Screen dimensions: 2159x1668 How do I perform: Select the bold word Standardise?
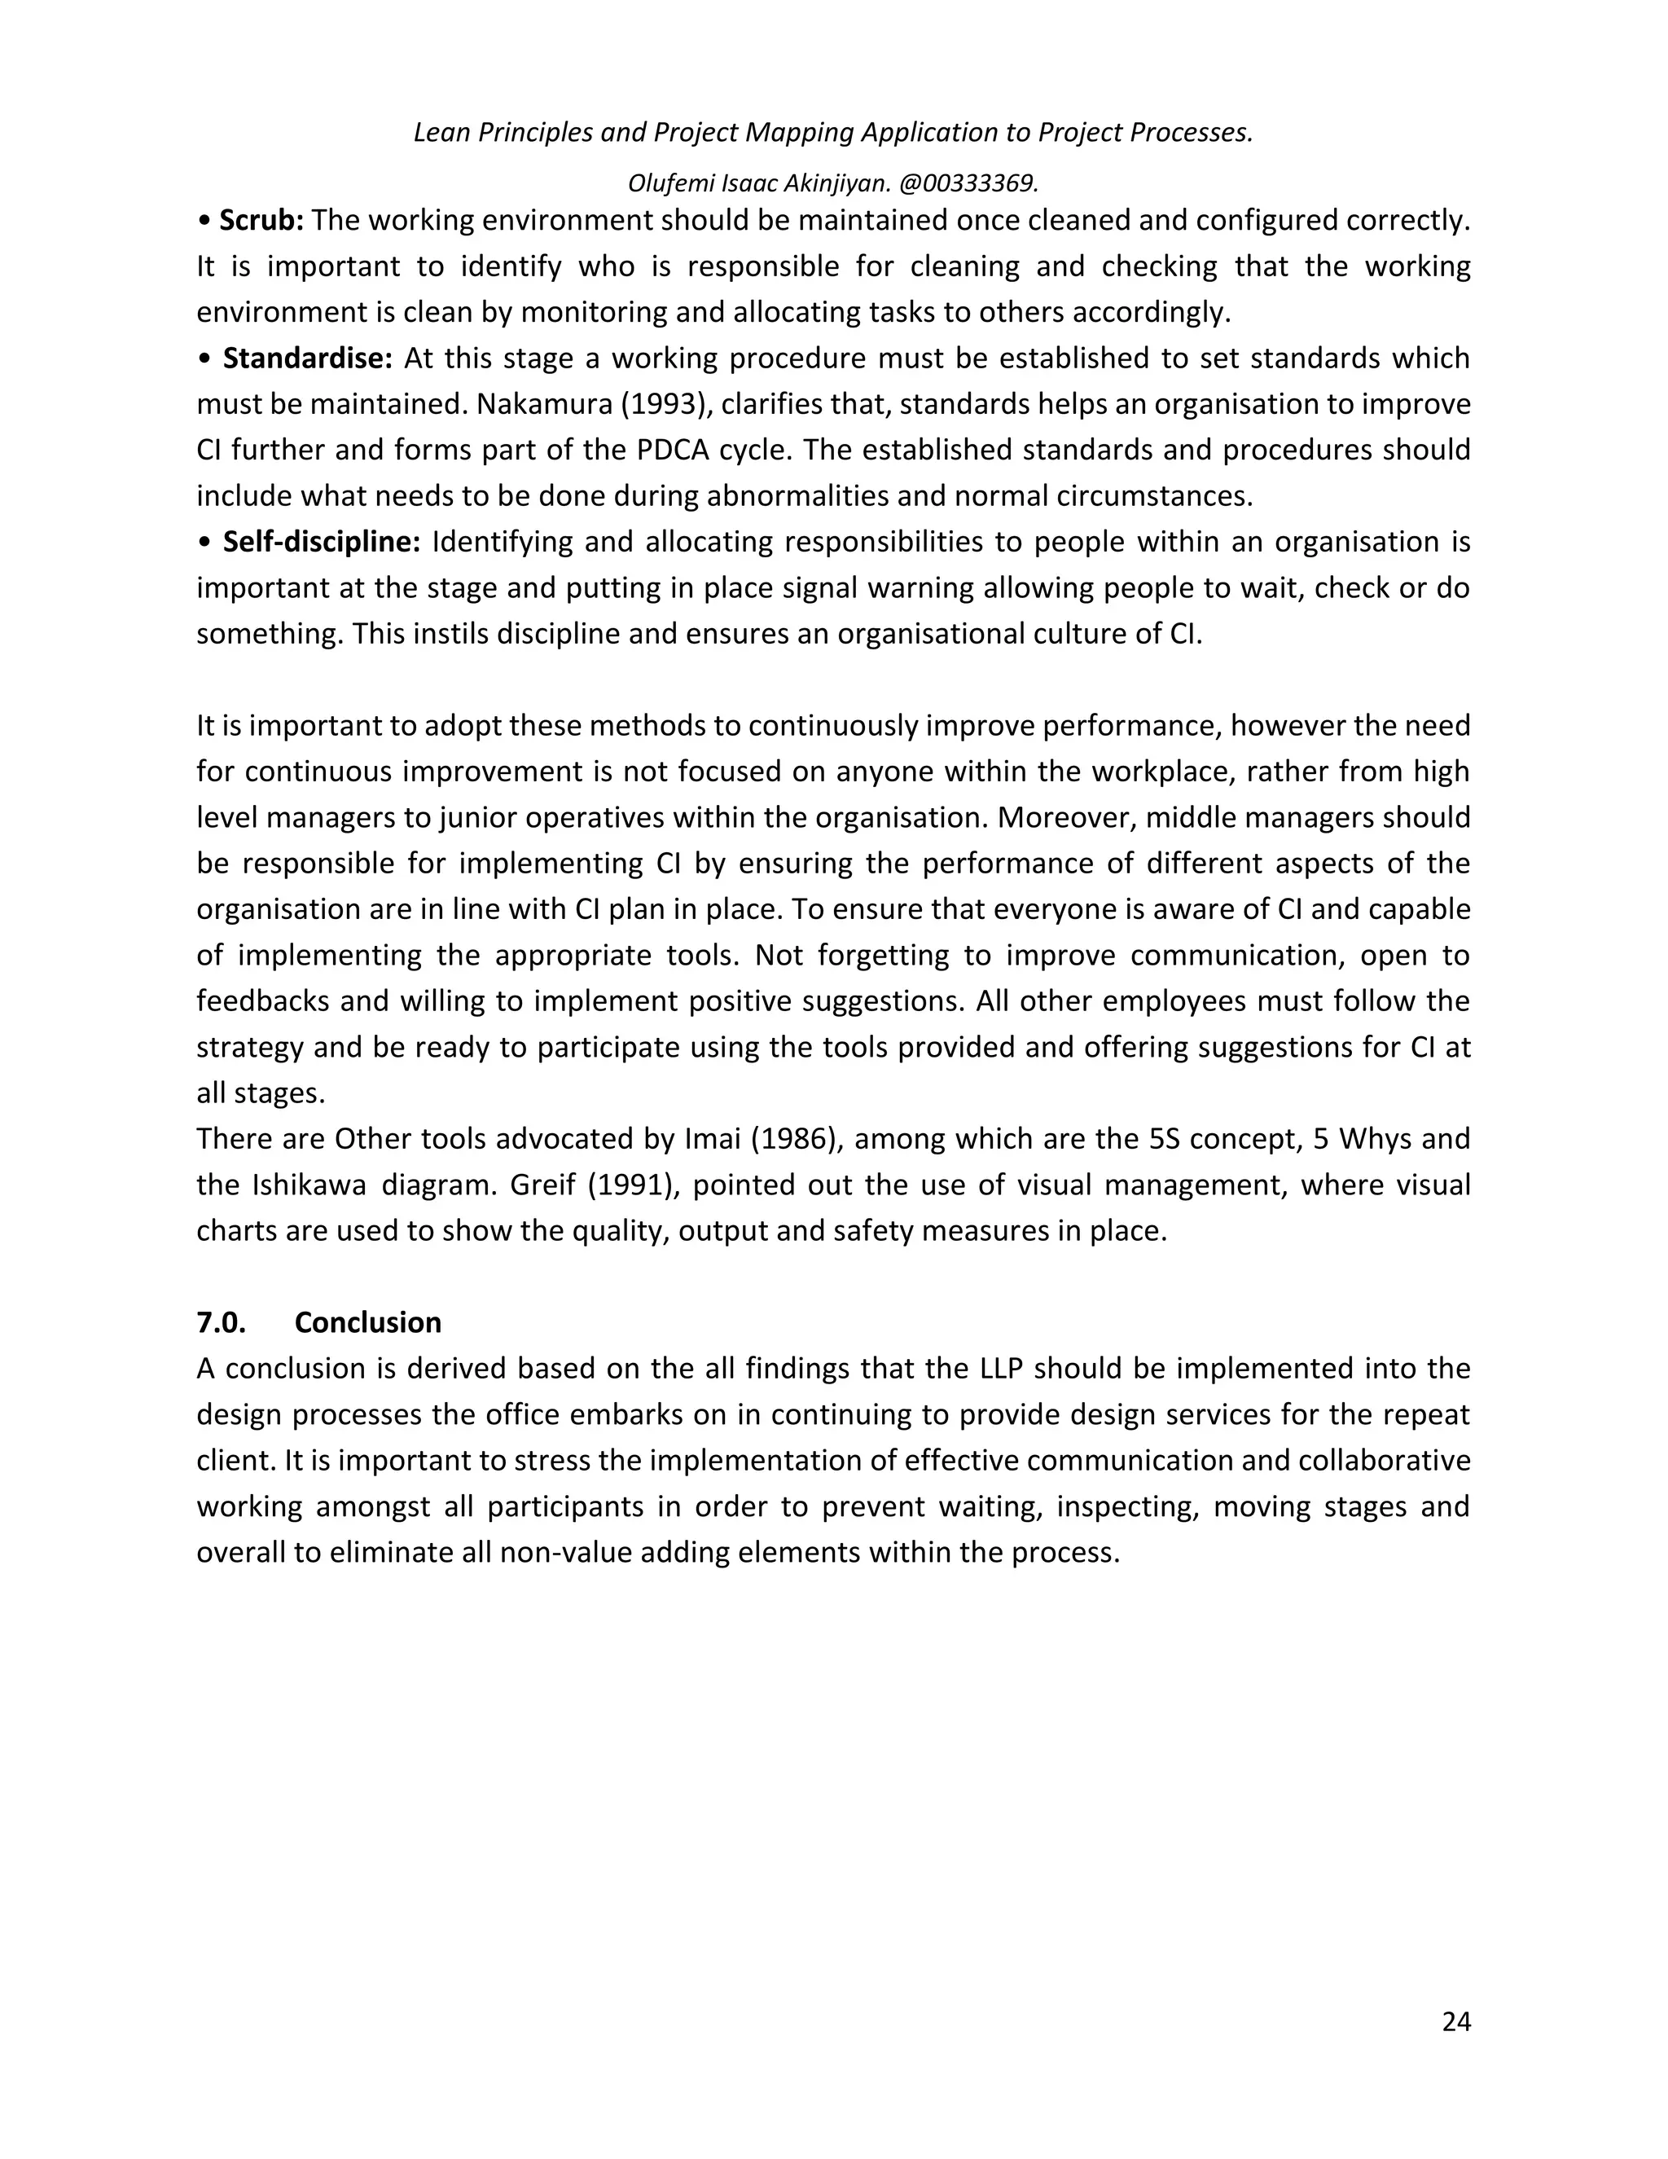307,358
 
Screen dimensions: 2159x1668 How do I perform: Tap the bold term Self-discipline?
321,542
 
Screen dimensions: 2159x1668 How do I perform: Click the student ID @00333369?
968,182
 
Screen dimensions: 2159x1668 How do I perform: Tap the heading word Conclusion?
367,1322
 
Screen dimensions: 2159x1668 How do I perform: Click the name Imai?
713,1139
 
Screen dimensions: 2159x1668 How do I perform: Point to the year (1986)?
797,1139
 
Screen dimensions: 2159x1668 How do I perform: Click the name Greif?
542,1185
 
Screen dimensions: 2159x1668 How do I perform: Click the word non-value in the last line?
560,1552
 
